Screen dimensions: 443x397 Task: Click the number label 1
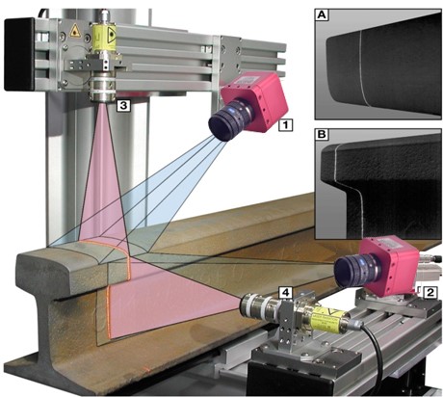pyautogui.click(x=285, y=125)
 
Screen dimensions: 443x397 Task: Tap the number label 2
pyautogui.click(x=430, y=292)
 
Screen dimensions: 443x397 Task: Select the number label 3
pyautogui.click(x=123, y=105)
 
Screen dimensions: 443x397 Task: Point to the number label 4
pyautogui.click(x=285, y=292)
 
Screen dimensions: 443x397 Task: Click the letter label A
pyautogui.click(x=322, y=15)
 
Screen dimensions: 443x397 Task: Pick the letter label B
pyautogui.click(x=322, y=134)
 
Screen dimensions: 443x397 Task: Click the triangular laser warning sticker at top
pyautogui.click(x=74, y=30)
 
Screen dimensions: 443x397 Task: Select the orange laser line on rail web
pyautogui.click(x=109, y=312)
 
